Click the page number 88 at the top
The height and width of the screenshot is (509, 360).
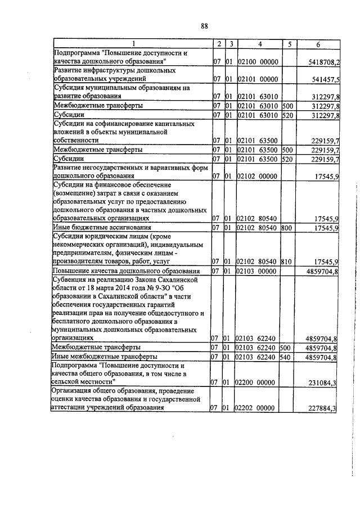coord(204,25)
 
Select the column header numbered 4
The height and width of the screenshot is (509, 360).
coord(259,43)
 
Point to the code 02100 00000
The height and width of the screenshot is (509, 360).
coord(258,61)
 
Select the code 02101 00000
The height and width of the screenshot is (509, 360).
coord(258,79)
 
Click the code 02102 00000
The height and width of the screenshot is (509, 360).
coord(258,176)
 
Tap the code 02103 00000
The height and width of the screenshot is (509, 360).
coord(258,271)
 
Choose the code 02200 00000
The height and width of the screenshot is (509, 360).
coord(258,382)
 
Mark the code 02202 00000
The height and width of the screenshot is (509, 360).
coord(258,409)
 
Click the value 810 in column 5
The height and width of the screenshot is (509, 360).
coord(287,262)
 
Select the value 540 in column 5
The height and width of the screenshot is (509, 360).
coord(287,356)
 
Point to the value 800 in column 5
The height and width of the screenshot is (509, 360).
coord(287,228)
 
